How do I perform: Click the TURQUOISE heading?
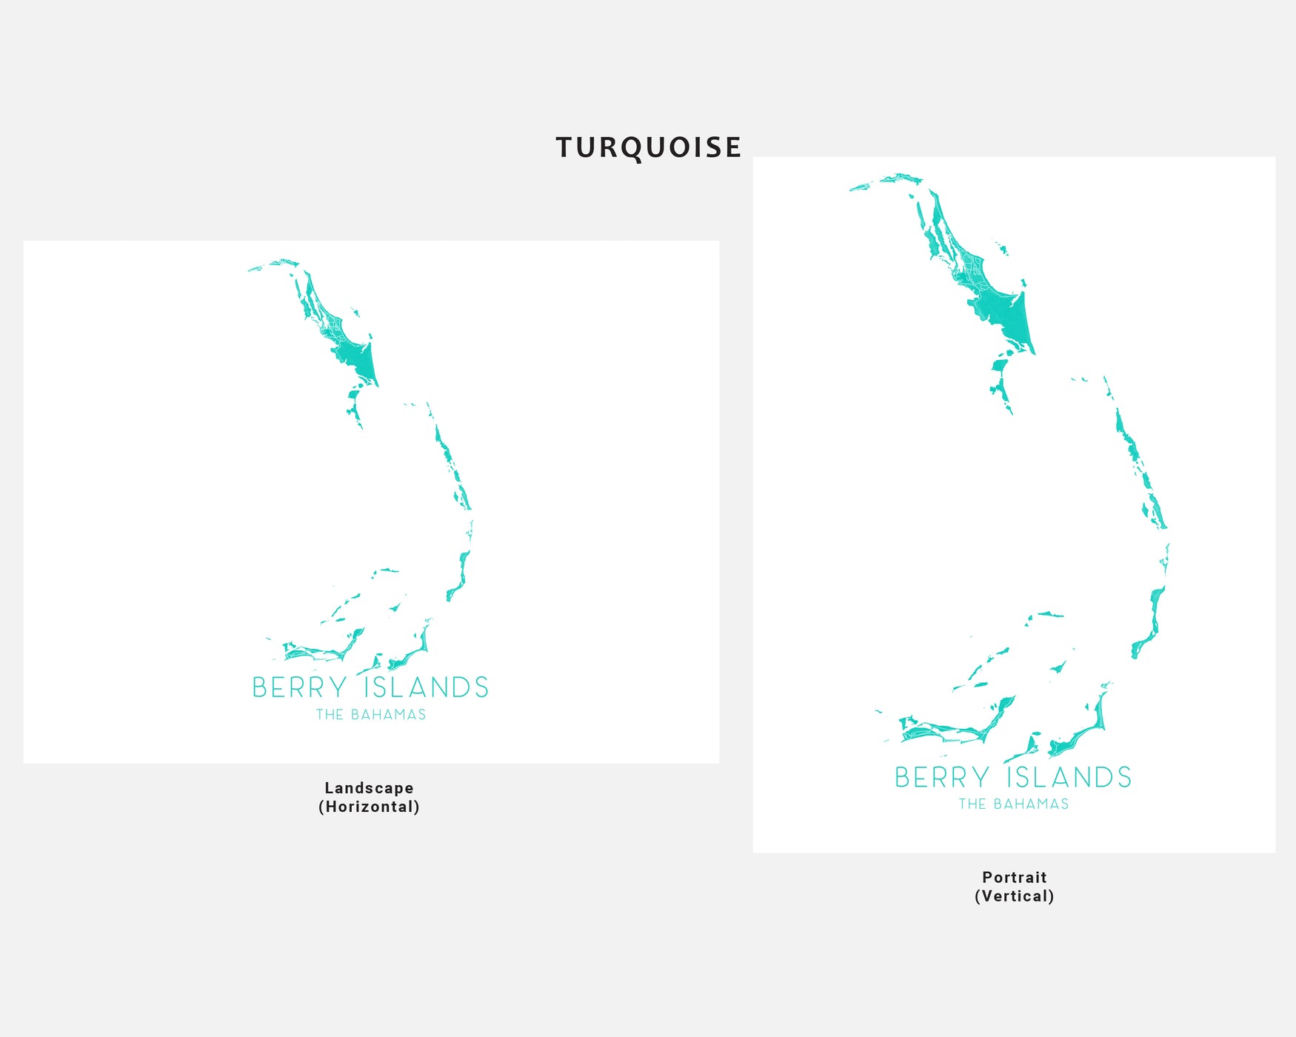click(x=648, y=147)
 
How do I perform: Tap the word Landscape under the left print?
click(x=369, y=788)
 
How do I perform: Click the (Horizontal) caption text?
click(x=369, y=807)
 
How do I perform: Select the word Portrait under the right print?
click(x=1014, y=877)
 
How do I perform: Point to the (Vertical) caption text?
click(x=1014, y=896)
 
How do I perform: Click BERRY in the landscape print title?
click(x=299, y=688)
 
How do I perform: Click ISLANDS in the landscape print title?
click(x=427, y=688)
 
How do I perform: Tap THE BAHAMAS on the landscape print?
click(x=371, y=715)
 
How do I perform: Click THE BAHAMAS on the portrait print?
click(x=1014, y=804)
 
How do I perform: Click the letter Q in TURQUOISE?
click(x=629, y=148)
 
